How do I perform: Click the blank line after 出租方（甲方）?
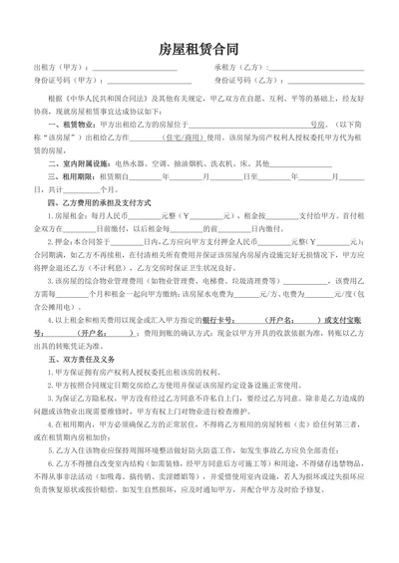pyautogui.click(x=128, y=70)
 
